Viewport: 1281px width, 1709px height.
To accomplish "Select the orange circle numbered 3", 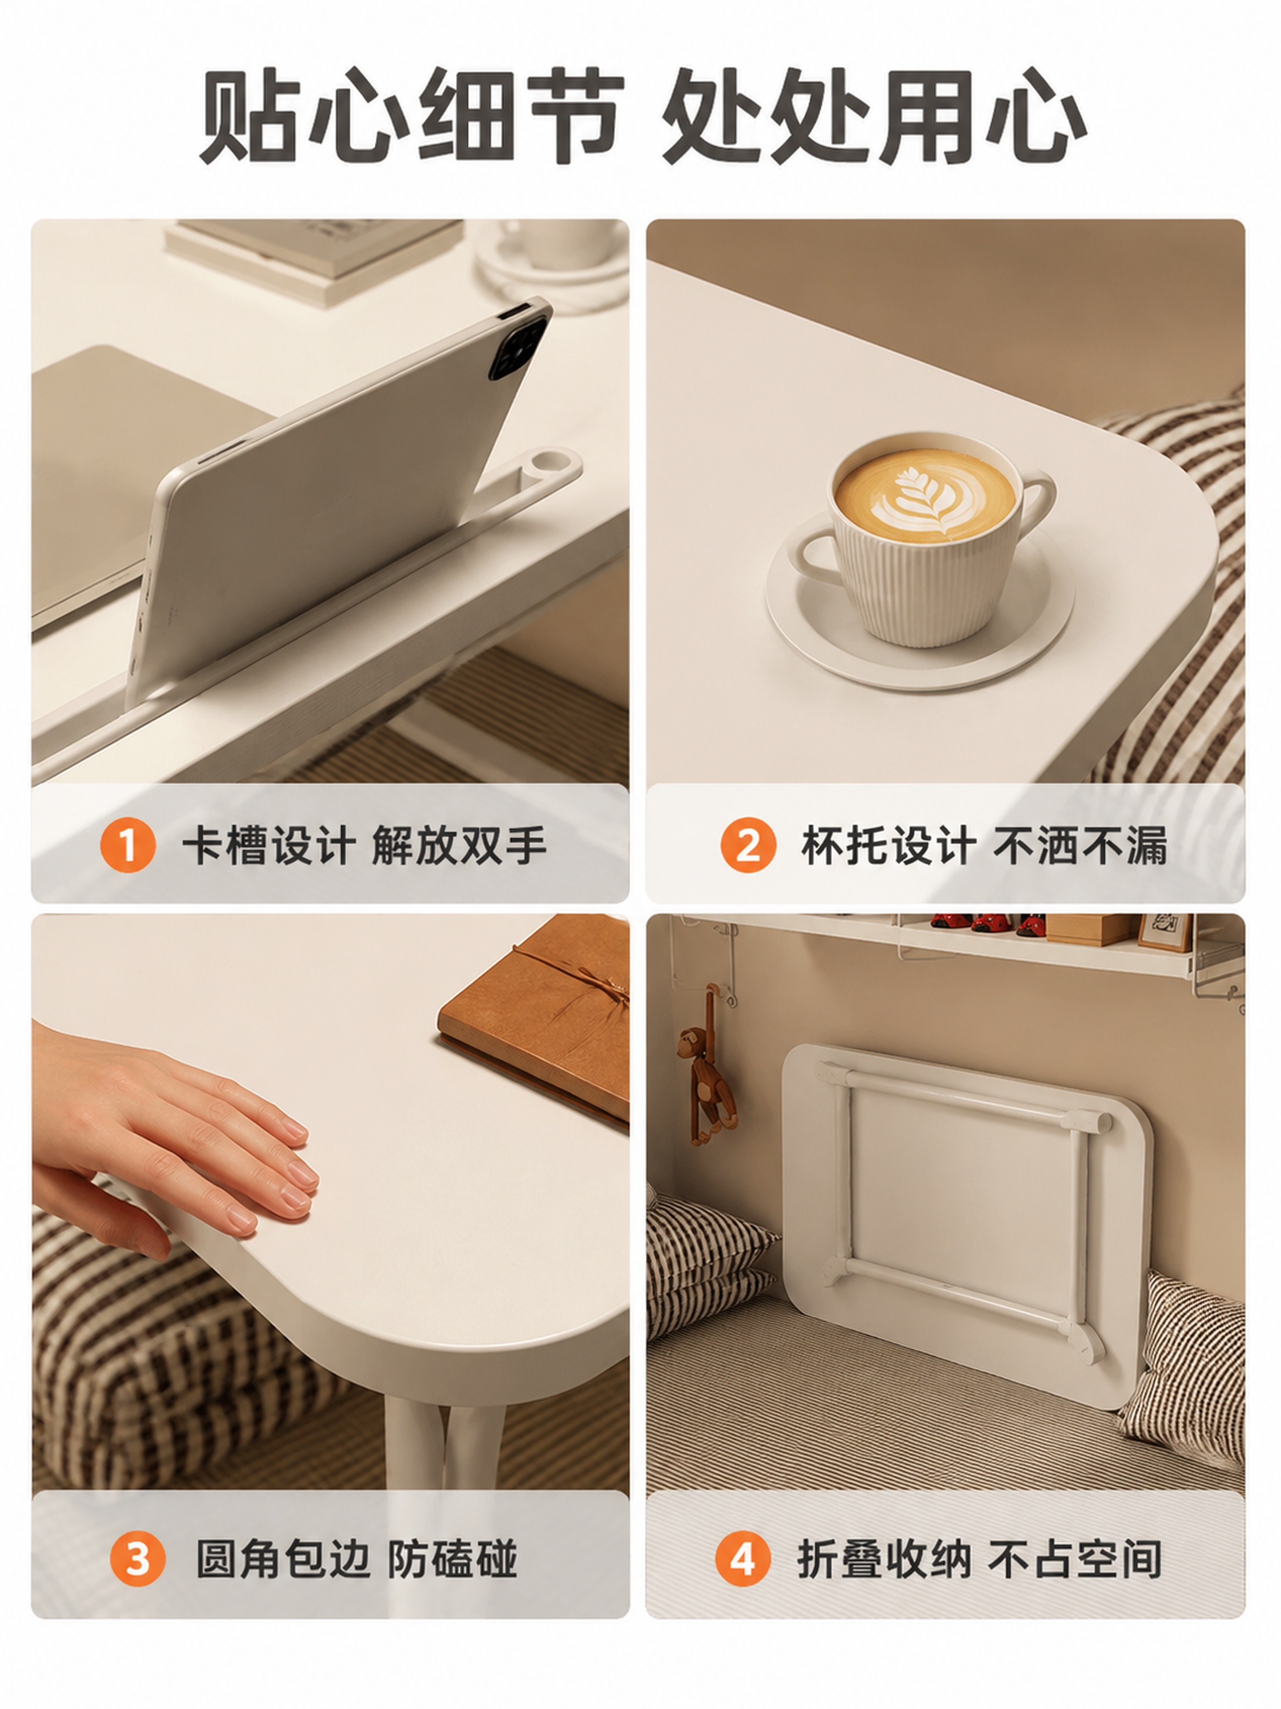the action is (x=138, y=1558).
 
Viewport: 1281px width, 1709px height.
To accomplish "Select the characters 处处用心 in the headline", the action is (x=874, y=116).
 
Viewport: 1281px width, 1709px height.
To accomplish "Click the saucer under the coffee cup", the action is (x=919, y=618).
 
